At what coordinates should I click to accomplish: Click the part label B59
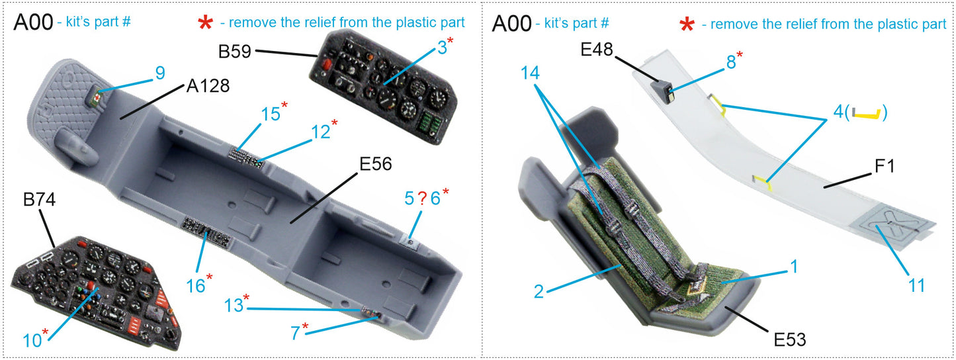tap(234, 51)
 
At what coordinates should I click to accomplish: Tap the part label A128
tap(208, 86)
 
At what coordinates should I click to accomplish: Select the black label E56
tap(376, 164)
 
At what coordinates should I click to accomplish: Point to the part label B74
tap(39, 199)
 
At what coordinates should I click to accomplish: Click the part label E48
tap(597, 50)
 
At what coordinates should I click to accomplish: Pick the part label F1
tap(885, 165)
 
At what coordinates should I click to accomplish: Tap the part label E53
tap(789, 339)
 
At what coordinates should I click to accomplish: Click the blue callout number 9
tap(160, 73)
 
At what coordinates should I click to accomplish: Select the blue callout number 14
tap(530, 73)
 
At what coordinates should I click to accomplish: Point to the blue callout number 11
tap(917, 285)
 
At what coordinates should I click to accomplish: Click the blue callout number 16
tap(195, 286)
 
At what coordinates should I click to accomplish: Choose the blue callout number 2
tap(539, 291)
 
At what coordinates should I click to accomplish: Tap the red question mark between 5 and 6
tap(421, 198)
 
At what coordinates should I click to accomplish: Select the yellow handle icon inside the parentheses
tap(866, 114)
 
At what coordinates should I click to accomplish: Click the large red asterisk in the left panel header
tap(205, 23)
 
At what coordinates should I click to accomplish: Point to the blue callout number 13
tap(234, 305)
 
